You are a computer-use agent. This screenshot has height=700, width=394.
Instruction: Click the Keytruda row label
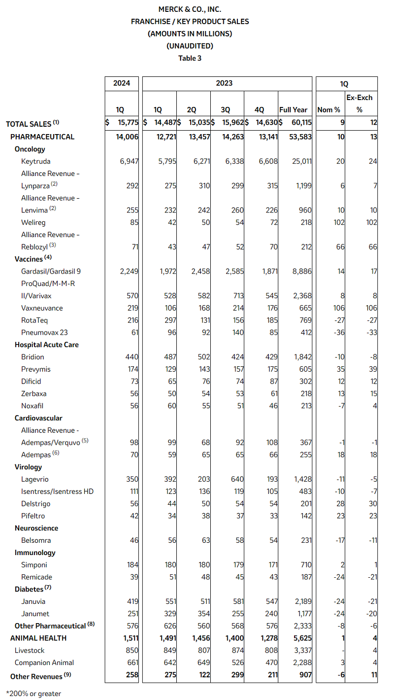coord(35,161)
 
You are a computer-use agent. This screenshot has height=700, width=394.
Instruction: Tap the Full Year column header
coord(293,110)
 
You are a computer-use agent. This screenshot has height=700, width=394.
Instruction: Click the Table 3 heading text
coord(190,58)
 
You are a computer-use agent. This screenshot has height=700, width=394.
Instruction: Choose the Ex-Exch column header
coord(360,98)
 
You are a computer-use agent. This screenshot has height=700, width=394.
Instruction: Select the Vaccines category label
coord(29,259)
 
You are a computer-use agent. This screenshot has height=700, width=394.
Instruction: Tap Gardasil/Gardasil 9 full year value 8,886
coord(301,271)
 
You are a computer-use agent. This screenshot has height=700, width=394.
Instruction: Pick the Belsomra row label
coord(36,540)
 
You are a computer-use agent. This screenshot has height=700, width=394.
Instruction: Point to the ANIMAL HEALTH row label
coord(38,638)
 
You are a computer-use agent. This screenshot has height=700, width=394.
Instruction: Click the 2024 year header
coord(122,83)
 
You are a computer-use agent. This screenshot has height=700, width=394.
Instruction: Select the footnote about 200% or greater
coord(33,694)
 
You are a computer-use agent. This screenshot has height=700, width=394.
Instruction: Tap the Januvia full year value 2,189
coord(301,601)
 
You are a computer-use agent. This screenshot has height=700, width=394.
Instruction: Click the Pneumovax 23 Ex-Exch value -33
coord(371,332)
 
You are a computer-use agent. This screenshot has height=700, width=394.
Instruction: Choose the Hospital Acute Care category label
coord(47,345)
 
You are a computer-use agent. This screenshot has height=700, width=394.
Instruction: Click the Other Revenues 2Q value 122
coord(204,675)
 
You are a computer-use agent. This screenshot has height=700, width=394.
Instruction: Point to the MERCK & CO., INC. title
coord(190,9)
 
